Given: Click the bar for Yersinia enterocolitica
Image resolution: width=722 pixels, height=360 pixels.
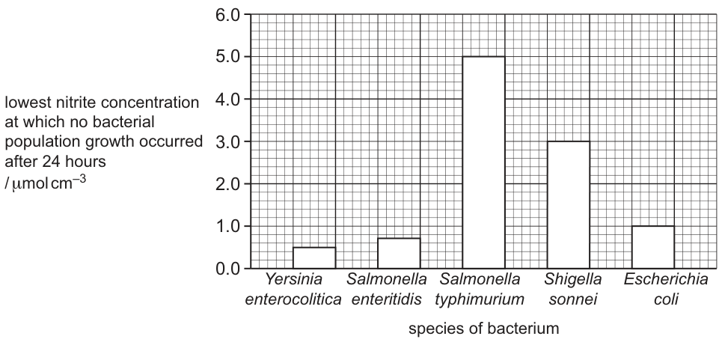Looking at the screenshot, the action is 314,257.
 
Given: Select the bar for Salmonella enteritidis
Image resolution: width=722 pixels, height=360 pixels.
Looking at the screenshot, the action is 399,253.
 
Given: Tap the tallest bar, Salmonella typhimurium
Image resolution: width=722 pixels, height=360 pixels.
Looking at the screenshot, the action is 483,162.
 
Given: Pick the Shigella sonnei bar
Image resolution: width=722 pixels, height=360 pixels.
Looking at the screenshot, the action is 568,205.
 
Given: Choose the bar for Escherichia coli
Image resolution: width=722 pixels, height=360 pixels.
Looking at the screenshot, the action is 653,247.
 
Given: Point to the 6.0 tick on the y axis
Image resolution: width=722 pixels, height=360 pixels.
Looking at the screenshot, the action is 227,15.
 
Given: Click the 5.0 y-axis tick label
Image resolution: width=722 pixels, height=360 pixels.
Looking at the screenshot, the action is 227,57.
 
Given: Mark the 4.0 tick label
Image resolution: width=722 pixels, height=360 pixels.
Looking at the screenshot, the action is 227,100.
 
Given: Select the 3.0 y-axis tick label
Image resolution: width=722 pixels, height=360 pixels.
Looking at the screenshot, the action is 227,141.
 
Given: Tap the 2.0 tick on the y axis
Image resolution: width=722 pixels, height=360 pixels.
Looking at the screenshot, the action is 227,184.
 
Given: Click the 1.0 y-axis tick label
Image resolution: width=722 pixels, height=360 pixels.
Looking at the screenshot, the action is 227,227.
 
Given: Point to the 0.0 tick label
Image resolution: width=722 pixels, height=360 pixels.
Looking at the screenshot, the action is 227,269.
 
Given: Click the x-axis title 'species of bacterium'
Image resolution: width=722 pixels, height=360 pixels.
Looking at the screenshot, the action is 483,329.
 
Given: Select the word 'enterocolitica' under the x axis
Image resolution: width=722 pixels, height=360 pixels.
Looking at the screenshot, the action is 293,299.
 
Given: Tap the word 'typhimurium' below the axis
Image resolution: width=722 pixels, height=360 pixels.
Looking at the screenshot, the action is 480,299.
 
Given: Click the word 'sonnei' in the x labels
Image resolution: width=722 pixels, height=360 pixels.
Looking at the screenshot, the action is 573,299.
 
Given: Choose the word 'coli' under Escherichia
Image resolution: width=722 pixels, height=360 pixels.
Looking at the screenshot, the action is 665,299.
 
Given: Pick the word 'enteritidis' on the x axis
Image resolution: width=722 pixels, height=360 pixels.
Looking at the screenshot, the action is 386,299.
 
